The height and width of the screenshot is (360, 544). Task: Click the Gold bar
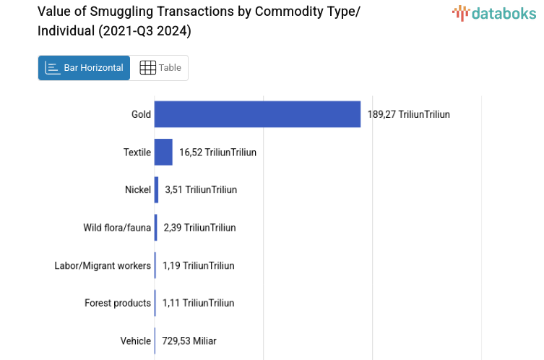257,114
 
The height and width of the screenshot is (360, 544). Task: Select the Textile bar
163,152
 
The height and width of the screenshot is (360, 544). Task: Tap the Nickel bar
156,189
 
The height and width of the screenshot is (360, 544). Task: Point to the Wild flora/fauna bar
155,228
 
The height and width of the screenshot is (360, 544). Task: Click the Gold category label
141,114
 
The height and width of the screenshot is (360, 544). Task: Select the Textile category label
137,152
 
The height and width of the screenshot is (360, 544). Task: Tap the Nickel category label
137,189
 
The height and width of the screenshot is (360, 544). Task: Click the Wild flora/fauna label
117,228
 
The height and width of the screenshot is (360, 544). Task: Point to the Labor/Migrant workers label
103,265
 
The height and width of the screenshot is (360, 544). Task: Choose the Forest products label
118,303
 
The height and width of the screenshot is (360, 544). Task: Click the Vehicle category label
136,340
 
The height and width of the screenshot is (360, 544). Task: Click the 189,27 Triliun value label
408,114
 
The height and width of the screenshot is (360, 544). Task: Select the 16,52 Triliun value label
217,152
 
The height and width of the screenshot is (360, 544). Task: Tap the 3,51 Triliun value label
201,189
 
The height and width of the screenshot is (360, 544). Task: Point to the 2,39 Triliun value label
199,228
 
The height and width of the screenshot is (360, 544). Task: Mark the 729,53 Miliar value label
189,340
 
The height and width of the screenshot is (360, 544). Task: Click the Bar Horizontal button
84,68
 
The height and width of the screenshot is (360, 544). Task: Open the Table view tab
160,68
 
